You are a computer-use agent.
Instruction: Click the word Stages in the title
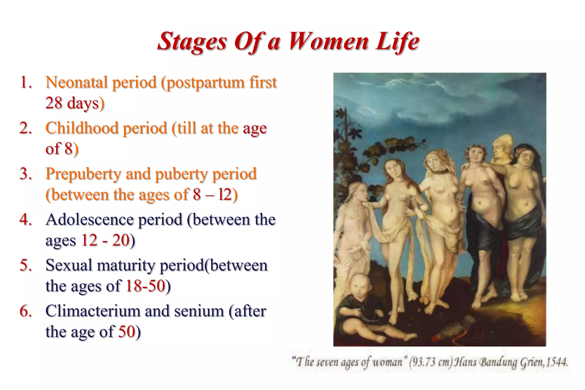click(x=192, y=41)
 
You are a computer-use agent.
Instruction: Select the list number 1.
click(x=26, y=83)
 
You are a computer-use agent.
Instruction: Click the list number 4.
click(x=26, y=220)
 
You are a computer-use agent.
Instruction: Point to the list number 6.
click(x=26, y=311)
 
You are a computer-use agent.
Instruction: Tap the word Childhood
click(x=82, y=128)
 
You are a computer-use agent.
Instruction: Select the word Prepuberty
click(x=83, y=174)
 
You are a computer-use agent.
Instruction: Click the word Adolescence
click(x=89, y=220)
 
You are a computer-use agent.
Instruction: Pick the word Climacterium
click(x=93, y=311)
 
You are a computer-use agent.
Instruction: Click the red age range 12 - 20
click(x=105, y=240)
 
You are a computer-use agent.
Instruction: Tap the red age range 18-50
click(x=145, y=286)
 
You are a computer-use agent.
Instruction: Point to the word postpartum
click(x=203, y=83)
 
